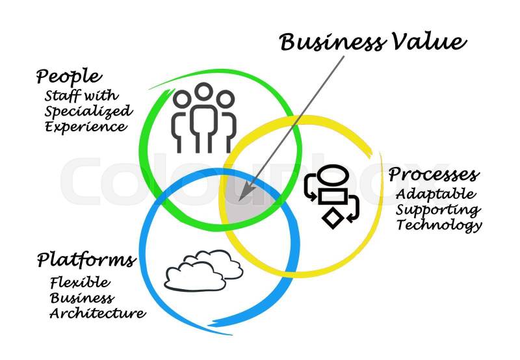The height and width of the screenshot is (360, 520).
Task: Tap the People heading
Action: pos(69,77)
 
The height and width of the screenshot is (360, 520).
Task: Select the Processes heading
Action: pos(434,175)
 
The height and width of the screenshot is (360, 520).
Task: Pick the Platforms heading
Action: pos(86,261)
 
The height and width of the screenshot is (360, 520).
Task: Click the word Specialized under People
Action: pos(88,110)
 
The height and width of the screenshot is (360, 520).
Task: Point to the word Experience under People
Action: pos(86,127)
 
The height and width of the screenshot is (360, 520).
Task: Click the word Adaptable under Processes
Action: pos(435,194)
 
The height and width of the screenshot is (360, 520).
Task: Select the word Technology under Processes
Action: pos(439,225)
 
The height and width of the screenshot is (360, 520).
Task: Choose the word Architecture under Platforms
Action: pos(97,313)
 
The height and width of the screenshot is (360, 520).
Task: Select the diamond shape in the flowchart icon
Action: pos(333,218)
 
